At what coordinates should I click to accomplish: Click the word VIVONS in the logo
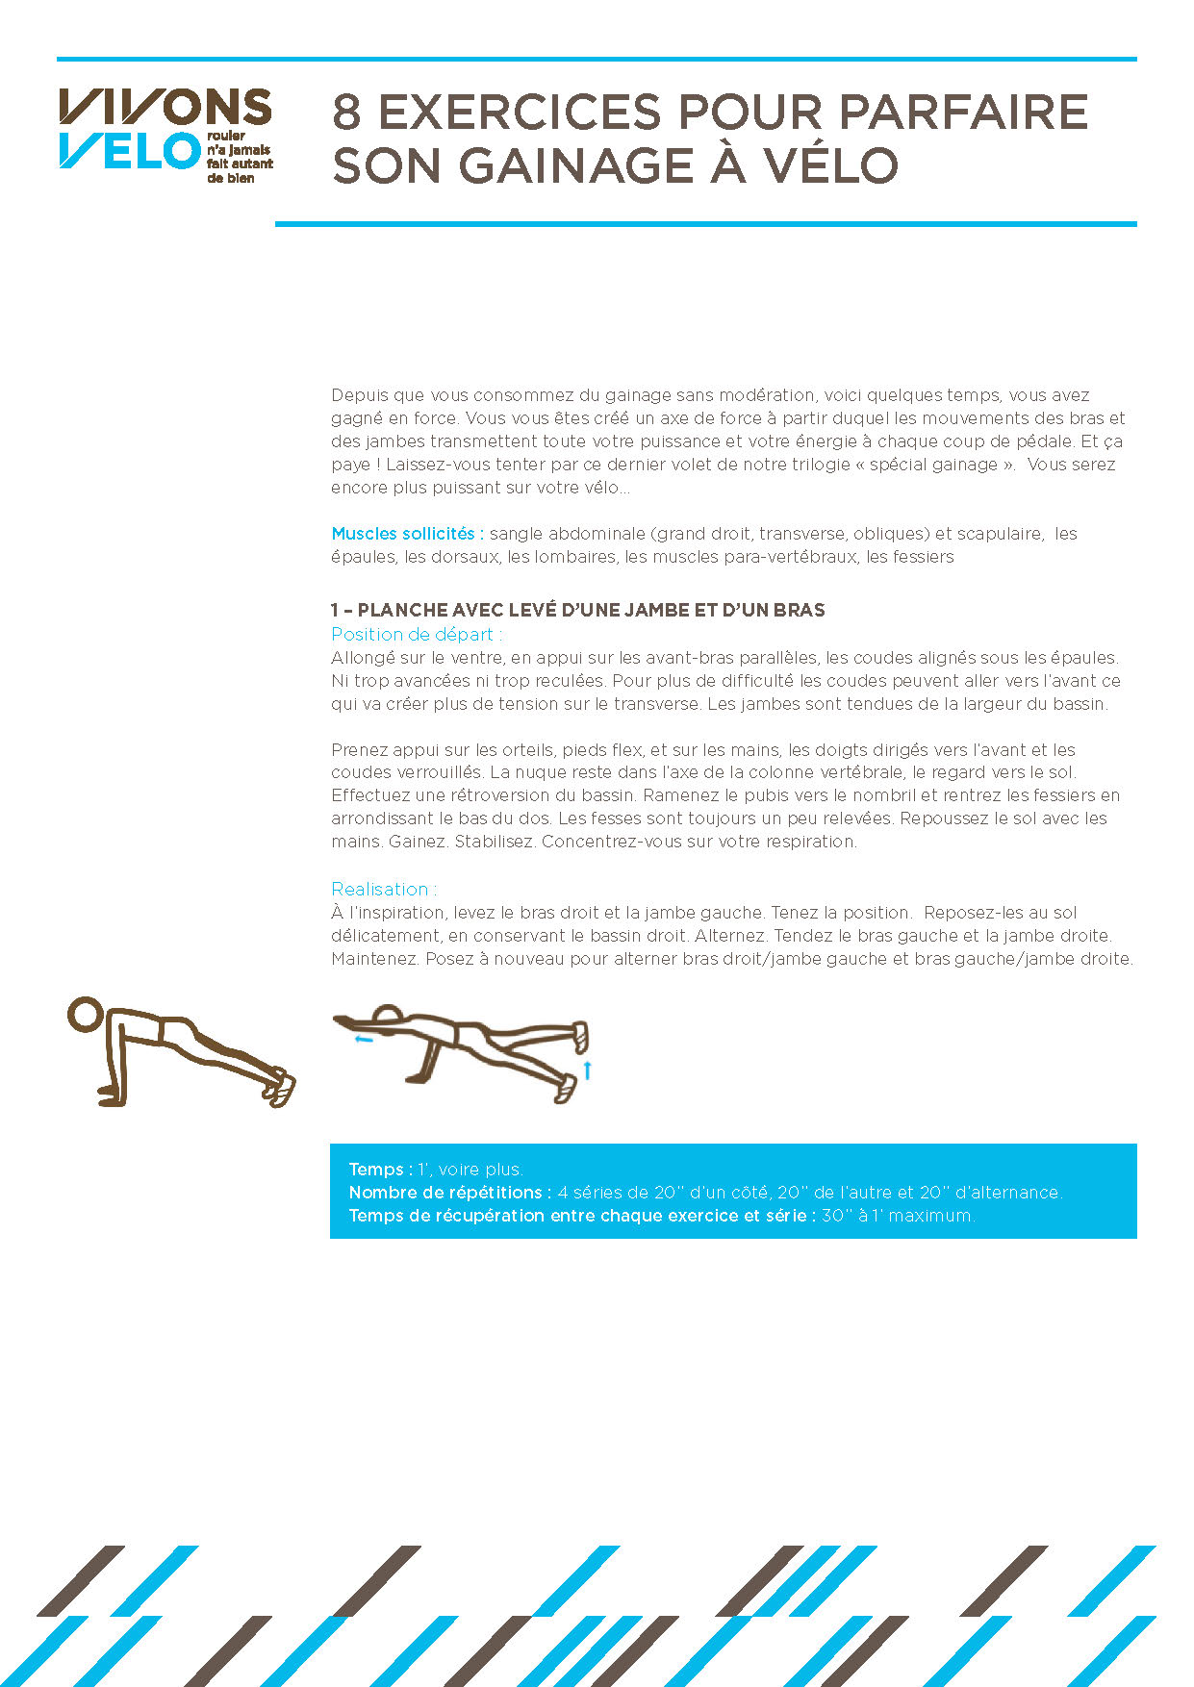(165, 107)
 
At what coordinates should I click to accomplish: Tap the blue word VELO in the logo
(128, 151)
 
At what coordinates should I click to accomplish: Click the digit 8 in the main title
(346, 113)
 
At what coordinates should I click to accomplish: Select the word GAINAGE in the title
(575, 165)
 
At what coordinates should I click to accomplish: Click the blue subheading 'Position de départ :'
(417, 635)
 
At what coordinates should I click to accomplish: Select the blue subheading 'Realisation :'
(384, 890)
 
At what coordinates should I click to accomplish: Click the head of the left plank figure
(85, 1014)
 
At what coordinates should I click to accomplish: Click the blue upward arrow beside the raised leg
(587, 1070)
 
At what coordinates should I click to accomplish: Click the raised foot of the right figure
(580, 1036)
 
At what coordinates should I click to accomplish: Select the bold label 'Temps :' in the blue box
(381, 1170)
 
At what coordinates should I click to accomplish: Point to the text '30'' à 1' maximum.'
(898, 1216)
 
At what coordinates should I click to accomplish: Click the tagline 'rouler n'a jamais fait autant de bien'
(239, 157)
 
